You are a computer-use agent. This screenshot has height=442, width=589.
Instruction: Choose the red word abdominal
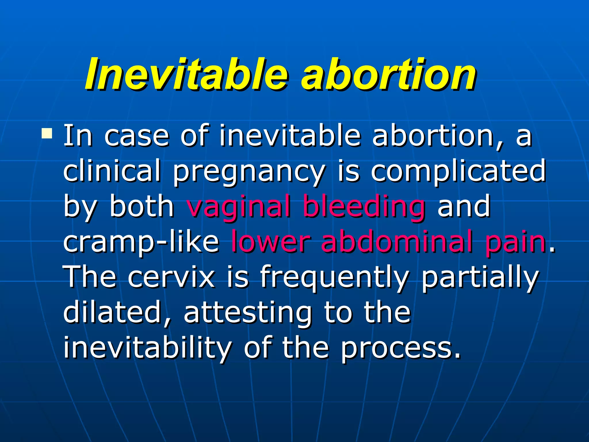pyautogui.click(x=397, y=241)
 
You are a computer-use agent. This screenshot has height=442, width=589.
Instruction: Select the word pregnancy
pyautogui.click(x=249, y=172)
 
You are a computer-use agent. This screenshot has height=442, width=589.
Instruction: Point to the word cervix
pyautogui.click(x=171, y=277)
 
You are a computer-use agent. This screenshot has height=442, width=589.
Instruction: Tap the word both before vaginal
pyautogui.click(x=142, y=206)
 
